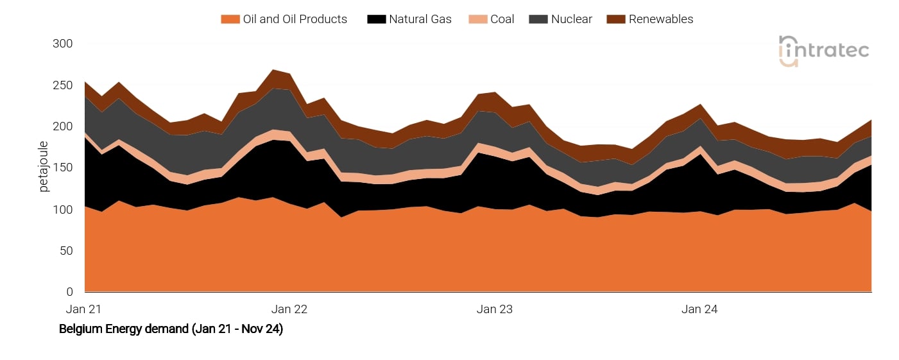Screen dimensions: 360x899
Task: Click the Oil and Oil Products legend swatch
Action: [230, 19]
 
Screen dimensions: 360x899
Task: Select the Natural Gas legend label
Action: [420, 19]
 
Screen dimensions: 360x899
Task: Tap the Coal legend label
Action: [502, 19]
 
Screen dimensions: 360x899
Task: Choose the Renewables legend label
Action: [660, 19]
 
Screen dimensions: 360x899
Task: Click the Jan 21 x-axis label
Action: [84, 309]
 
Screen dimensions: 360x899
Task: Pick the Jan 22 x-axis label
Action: [289, 309]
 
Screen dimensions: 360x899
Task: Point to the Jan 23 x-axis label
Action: [495, 309]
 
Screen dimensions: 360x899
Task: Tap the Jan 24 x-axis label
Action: [700, 309]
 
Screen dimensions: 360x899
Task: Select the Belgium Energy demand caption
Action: [171, 329]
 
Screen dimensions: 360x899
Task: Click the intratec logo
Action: [823, 51]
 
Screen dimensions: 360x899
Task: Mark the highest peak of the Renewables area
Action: [273, 70]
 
